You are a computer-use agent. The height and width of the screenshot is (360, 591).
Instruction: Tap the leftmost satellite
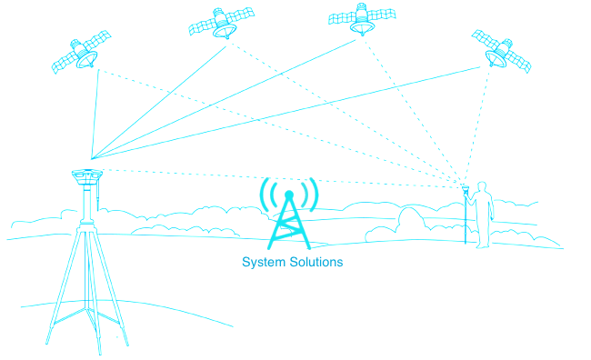(82, 53)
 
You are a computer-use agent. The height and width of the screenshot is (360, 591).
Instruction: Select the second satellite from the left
(222, 23)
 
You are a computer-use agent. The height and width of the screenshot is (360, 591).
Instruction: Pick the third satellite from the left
(362, 18)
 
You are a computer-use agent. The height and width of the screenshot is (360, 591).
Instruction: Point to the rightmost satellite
(501, 51)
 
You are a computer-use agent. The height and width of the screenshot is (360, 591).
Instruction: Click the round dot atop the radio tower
(289, 195)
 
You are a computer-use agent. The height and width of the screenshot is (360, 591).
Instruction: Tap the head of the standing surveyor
(482, 187)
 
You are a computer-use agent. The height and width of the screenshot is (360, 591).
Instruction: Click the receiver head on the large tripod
(87, 176)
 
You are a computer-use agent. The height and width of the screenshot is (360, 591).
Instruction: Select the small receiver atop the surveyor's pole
(466, 188)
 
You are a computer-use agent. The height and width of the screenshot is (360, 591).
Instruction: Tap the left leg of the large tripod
(63, 286)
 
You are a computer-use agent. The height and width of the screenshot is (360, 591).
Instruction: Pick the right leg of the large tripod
(111, 287)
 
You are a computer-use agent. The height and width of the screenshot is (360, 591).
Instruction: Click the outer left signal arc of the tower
(264, 195)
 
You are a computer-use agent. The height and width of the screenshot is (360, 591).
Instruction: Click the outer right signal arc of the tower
(314, 195)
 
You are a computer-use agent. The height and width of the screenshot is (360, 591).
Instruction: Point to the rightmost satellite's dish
(493, 58)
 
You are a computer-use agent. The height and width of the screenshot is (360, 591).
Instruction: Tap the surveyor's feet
(483, 246)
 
